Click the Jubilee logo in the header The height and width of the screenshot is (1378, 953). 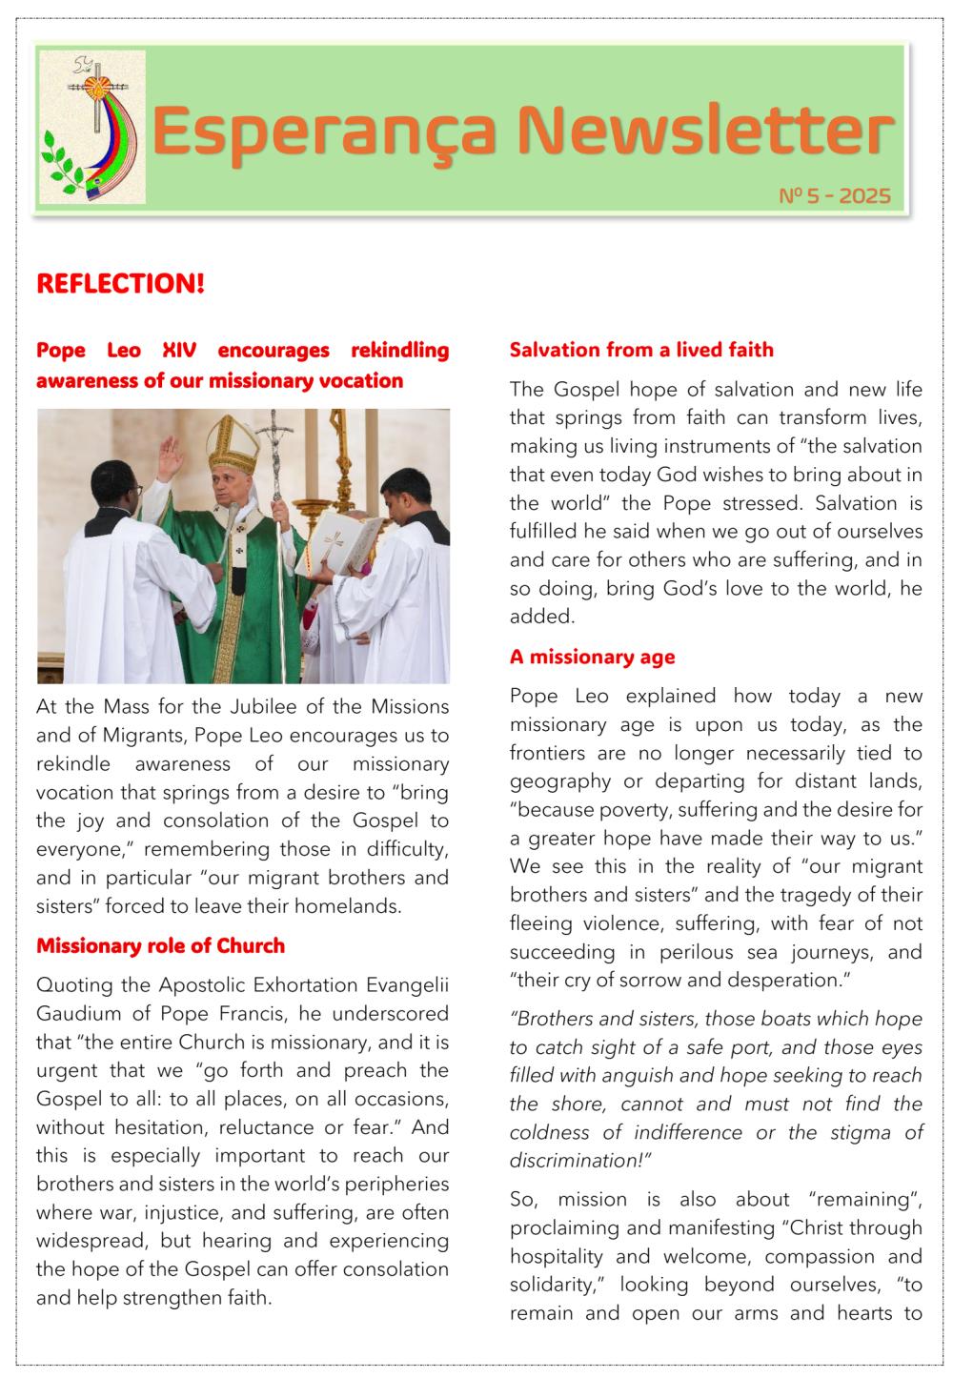click(x=92, y=127)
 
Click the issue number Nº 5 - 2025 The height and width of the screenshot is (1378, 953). click(x=835, y=196)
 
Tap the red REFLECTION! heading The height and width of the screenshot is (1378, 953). click(x=120, y=284)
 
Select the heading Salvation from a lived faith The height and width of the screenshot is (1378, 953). click(x=641, y=350)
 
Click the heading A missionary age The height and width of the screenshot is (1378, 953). click(x=592, y=657)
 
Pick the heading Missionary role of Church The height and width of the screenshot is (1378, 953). click(x=160, y=945)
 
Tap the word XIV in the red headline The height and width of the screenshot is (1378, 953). click(x=179, y=350)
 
